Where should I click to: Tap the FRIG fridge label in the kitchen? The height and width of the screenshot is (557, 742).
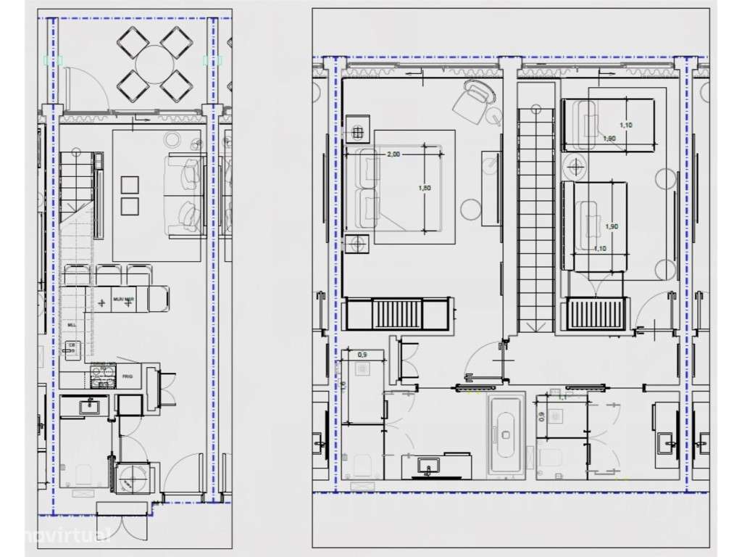tap(128, 376)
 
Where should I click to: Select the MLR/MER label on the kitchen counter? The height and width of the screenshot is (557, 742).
tap(124, 298)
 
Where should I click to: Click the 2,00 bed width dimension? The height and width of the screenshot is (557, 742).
tap(393, 154)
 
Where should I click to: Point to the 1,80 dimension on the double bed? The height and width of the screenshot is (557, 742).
tap(425, 188)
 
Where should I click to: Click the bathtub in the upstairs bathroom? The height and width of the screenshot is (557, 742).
tap(505, 434)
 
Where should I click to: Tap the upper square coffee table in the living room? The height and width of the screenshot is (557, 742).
tap(130, 183)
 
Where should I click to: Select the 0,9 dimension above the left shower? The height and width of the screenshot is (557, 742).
tap(362, 355)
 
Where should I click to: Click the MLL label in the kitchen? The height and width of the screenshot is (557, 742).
tap(71, 326)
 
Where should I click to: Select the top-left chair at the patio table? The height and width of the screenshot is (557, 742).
tap(132, 40)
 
